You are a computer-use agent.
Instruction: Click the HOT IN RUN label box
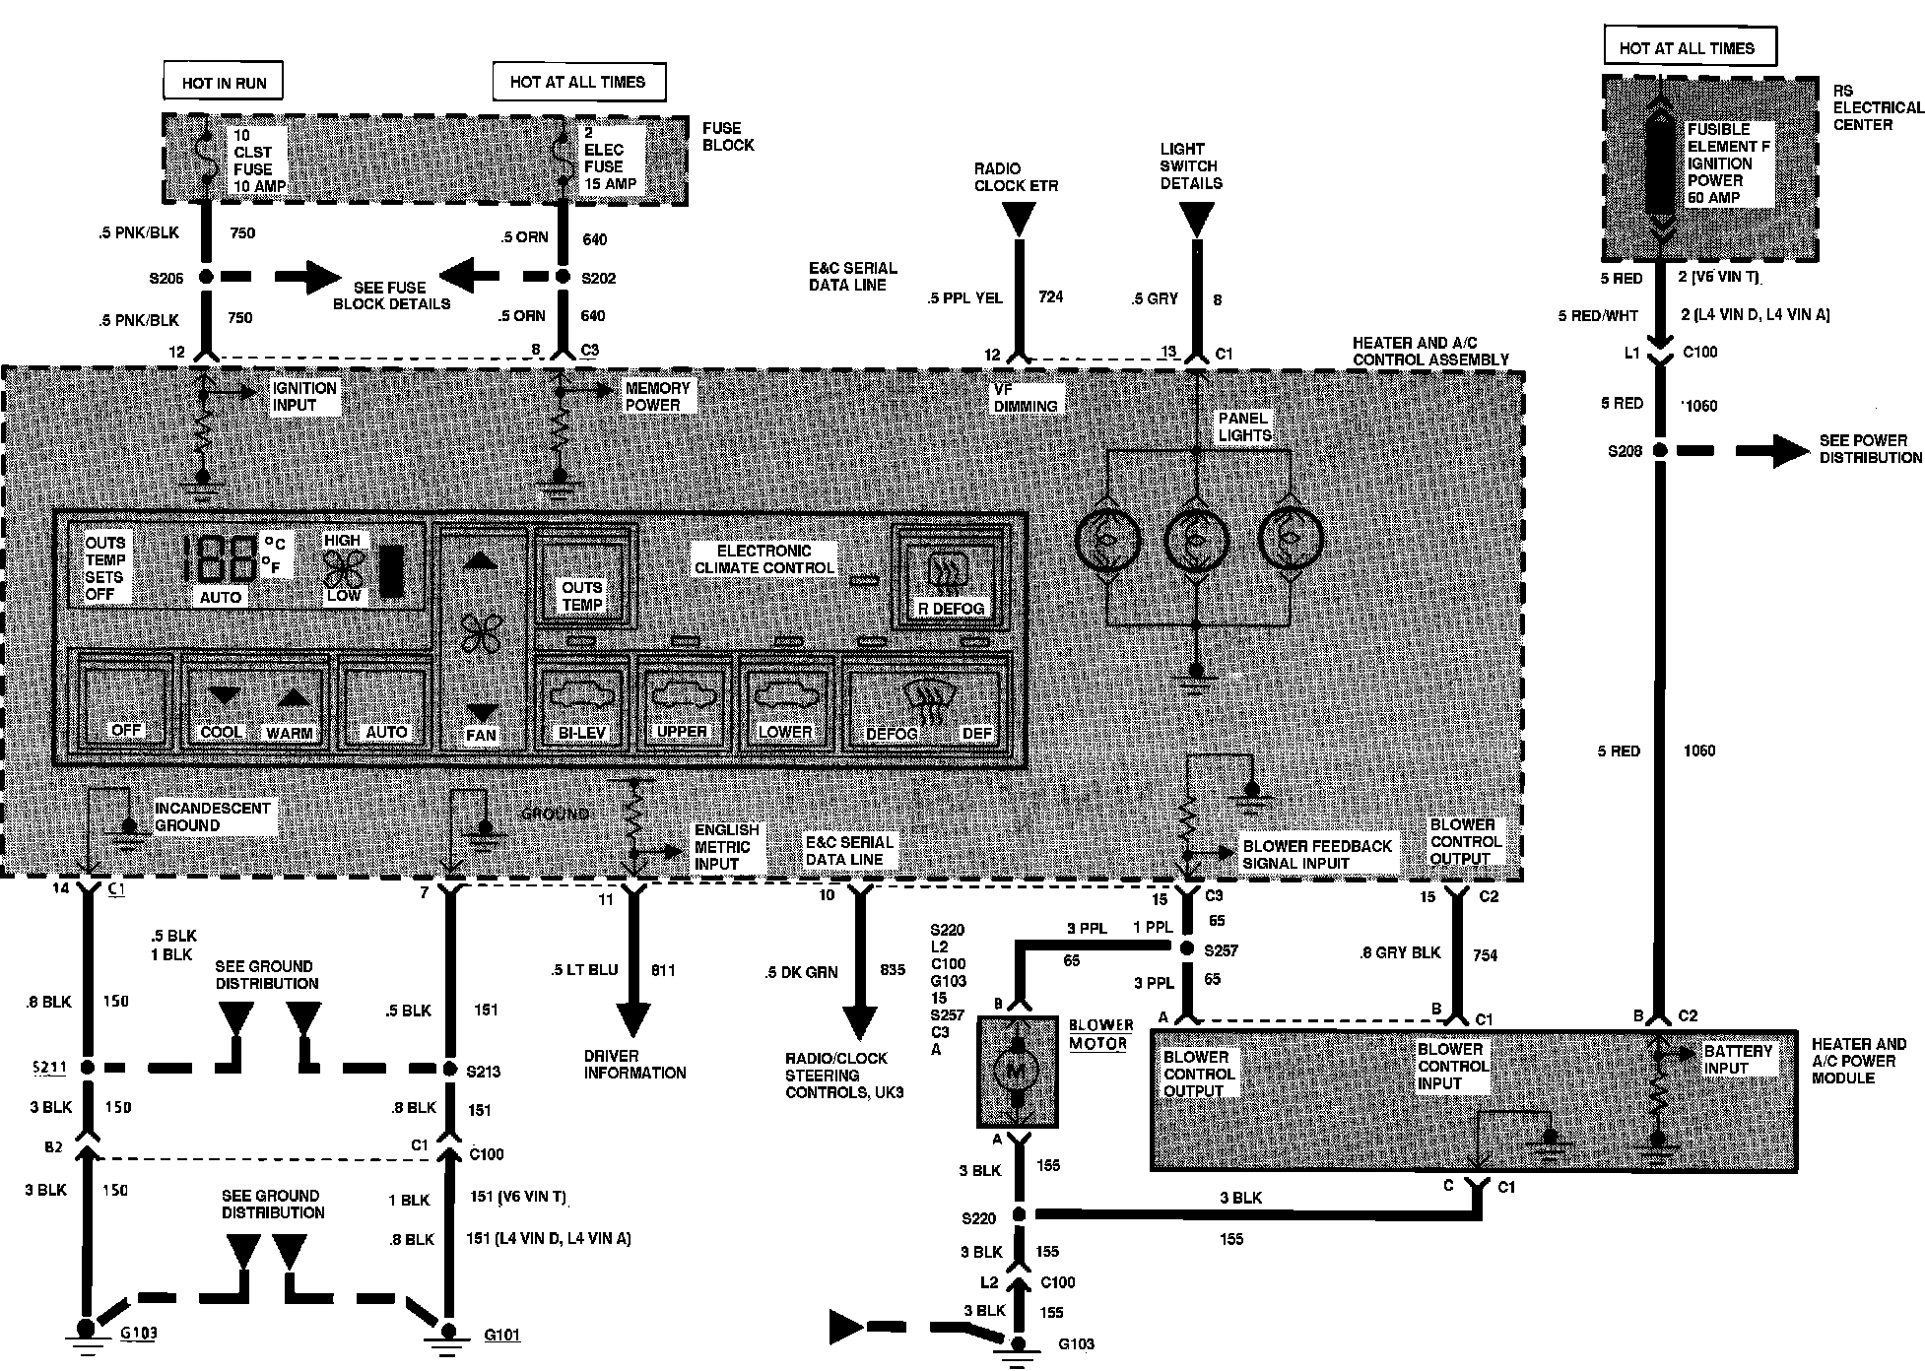point(224,83)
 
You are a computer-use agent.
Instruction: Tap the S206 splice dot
point(206,278)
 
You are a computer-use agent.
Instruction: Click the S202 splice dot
point(564,278)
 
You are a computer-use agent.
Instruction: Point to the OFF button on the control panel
point(127,702)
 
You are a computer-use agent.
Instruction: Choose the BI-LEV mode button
point(581,702)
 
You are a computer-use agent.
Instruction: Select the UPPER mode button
point(682,702)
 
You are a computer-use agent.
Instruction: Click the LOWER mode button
point(785,702)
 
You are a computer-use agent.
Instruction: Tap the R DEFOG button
point(951,581)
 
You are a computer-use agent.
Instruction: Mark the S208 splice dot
point(1660,451)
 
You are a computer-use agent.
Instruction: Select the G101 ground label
point(501,1336)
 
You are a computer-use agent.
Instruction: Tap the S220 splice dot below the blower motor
point(1019,1216)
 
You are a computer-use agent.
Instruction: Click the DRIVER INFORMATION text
point(634,1064)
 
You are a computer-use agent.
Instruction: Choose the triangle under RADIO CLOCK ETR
point(1019,218)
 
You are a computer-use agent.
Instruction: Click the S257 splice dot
point(1188,947)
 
